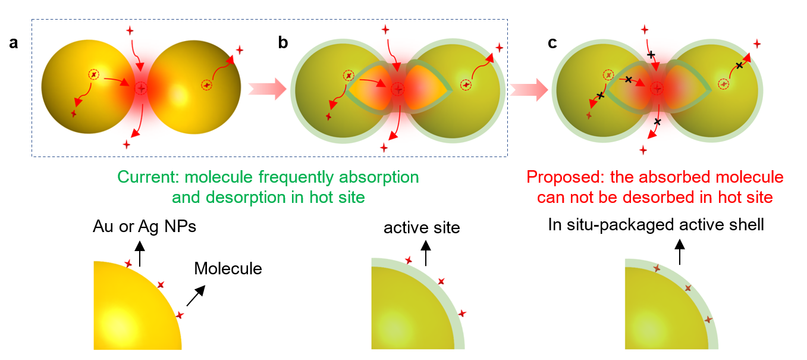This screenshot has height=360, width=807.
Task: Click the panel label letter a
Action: coord(14,43)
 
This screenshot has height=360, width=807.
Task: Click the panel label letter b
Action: coord(283,42)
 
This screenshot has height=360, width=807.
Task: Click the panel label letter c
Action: coord(552,43)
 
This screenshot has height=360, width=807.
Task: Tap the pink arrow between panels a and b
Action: coord(268,89)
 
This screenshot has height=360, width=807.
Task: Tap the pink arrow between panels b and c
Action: coord(529,89)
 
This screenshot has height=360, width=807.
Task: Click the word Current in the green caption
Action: coord(148,177)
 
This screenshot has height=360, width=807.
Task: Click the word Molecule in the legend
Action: coord(228,268)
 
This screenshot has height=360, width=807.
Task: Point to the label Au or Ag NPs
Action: coord(145,227)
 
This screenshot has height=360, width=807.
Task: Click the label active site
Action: coord(422,228)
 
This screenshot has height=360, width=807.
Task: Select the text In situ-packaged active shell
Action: coord(656,225)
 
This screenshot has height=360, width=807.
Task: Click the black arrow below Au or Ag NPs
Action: coord(140,253)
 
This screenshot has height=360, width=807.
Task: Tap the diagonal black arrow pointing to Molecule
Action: coord(196,296)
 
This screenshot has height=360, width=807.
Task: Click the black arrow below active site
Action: coord(426,253)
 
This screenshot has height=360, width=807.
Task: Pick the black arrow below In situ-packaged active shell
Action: coord(680,252)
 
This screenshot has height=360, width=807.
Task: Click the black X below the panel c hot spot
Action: coord(658,122)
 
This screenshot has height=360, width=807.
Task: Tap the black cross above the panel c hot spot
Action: coord(651,55)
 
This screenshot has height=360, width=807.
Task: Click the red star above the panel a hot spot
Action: coord(130,30)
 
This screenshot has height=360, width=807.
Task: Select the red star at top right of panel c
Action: coord(757,44)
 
